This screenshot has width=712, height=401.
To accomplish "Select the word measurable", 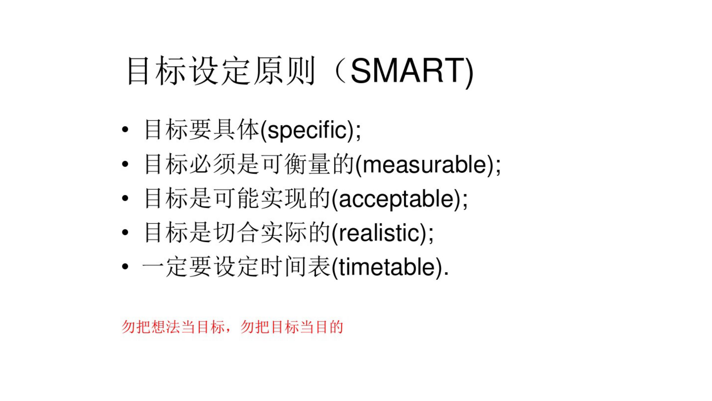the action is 424,165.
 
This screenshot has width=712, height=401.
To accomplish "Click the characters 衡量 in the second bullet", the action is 307,164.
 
